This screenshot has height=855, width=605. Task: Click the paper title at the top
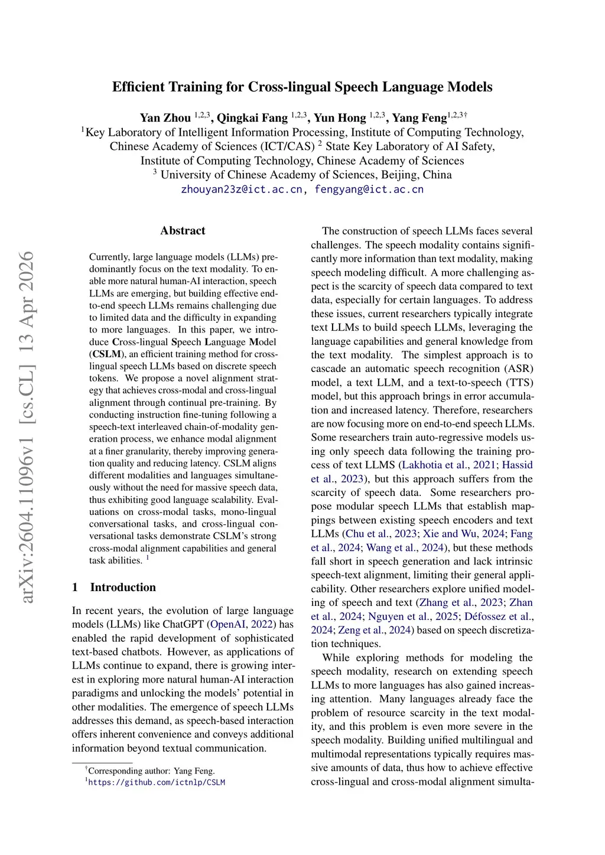302,87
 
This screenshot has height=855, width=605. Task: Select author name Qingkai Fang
252,118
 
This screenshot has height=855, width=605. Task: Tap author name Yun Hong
340,118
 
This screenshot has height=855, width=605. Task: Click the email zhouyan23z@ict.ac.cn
241,190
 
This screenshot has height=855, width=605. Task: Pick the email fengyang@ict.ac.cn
369,190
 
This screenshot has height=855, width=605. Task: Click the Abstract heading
183,231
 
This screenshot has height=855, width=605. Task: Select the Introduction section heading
123,588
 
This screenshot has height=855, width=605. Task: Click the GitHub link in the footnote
157,783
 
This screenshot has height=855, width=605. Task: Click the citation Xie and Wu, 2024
464,534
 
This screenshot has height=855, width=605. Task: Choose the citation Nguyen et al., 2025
413,616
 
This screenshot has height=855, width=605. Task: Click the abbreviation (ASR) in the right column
519,369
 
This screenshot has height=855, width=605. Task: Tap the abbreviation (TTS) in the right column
519,383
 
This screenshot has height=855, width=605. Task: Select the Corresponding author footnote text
151,771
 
